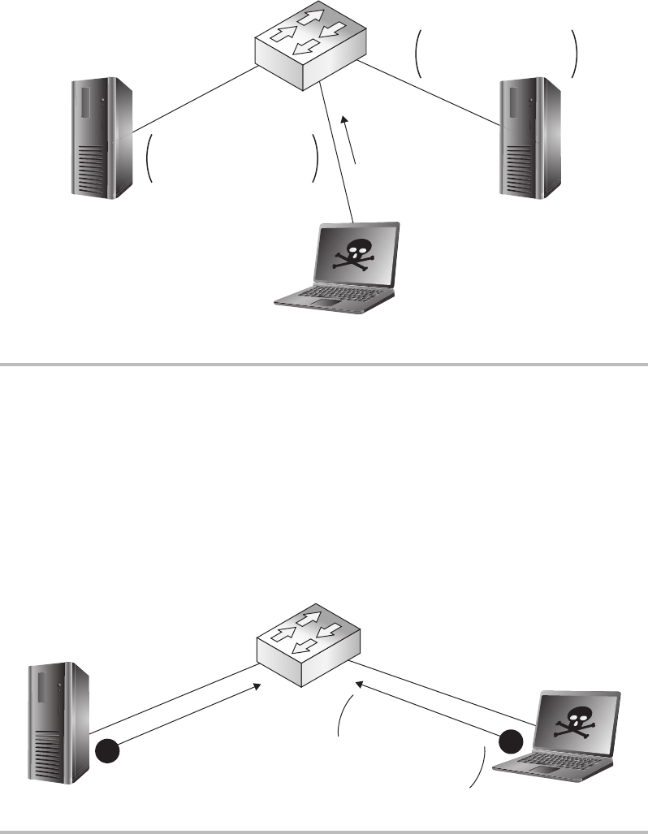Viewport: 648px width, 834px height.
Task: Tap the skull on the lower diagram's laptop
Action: click(577, 721)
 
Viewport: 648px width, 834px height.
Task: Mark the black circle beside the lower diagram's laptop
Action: click(511, 741)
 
